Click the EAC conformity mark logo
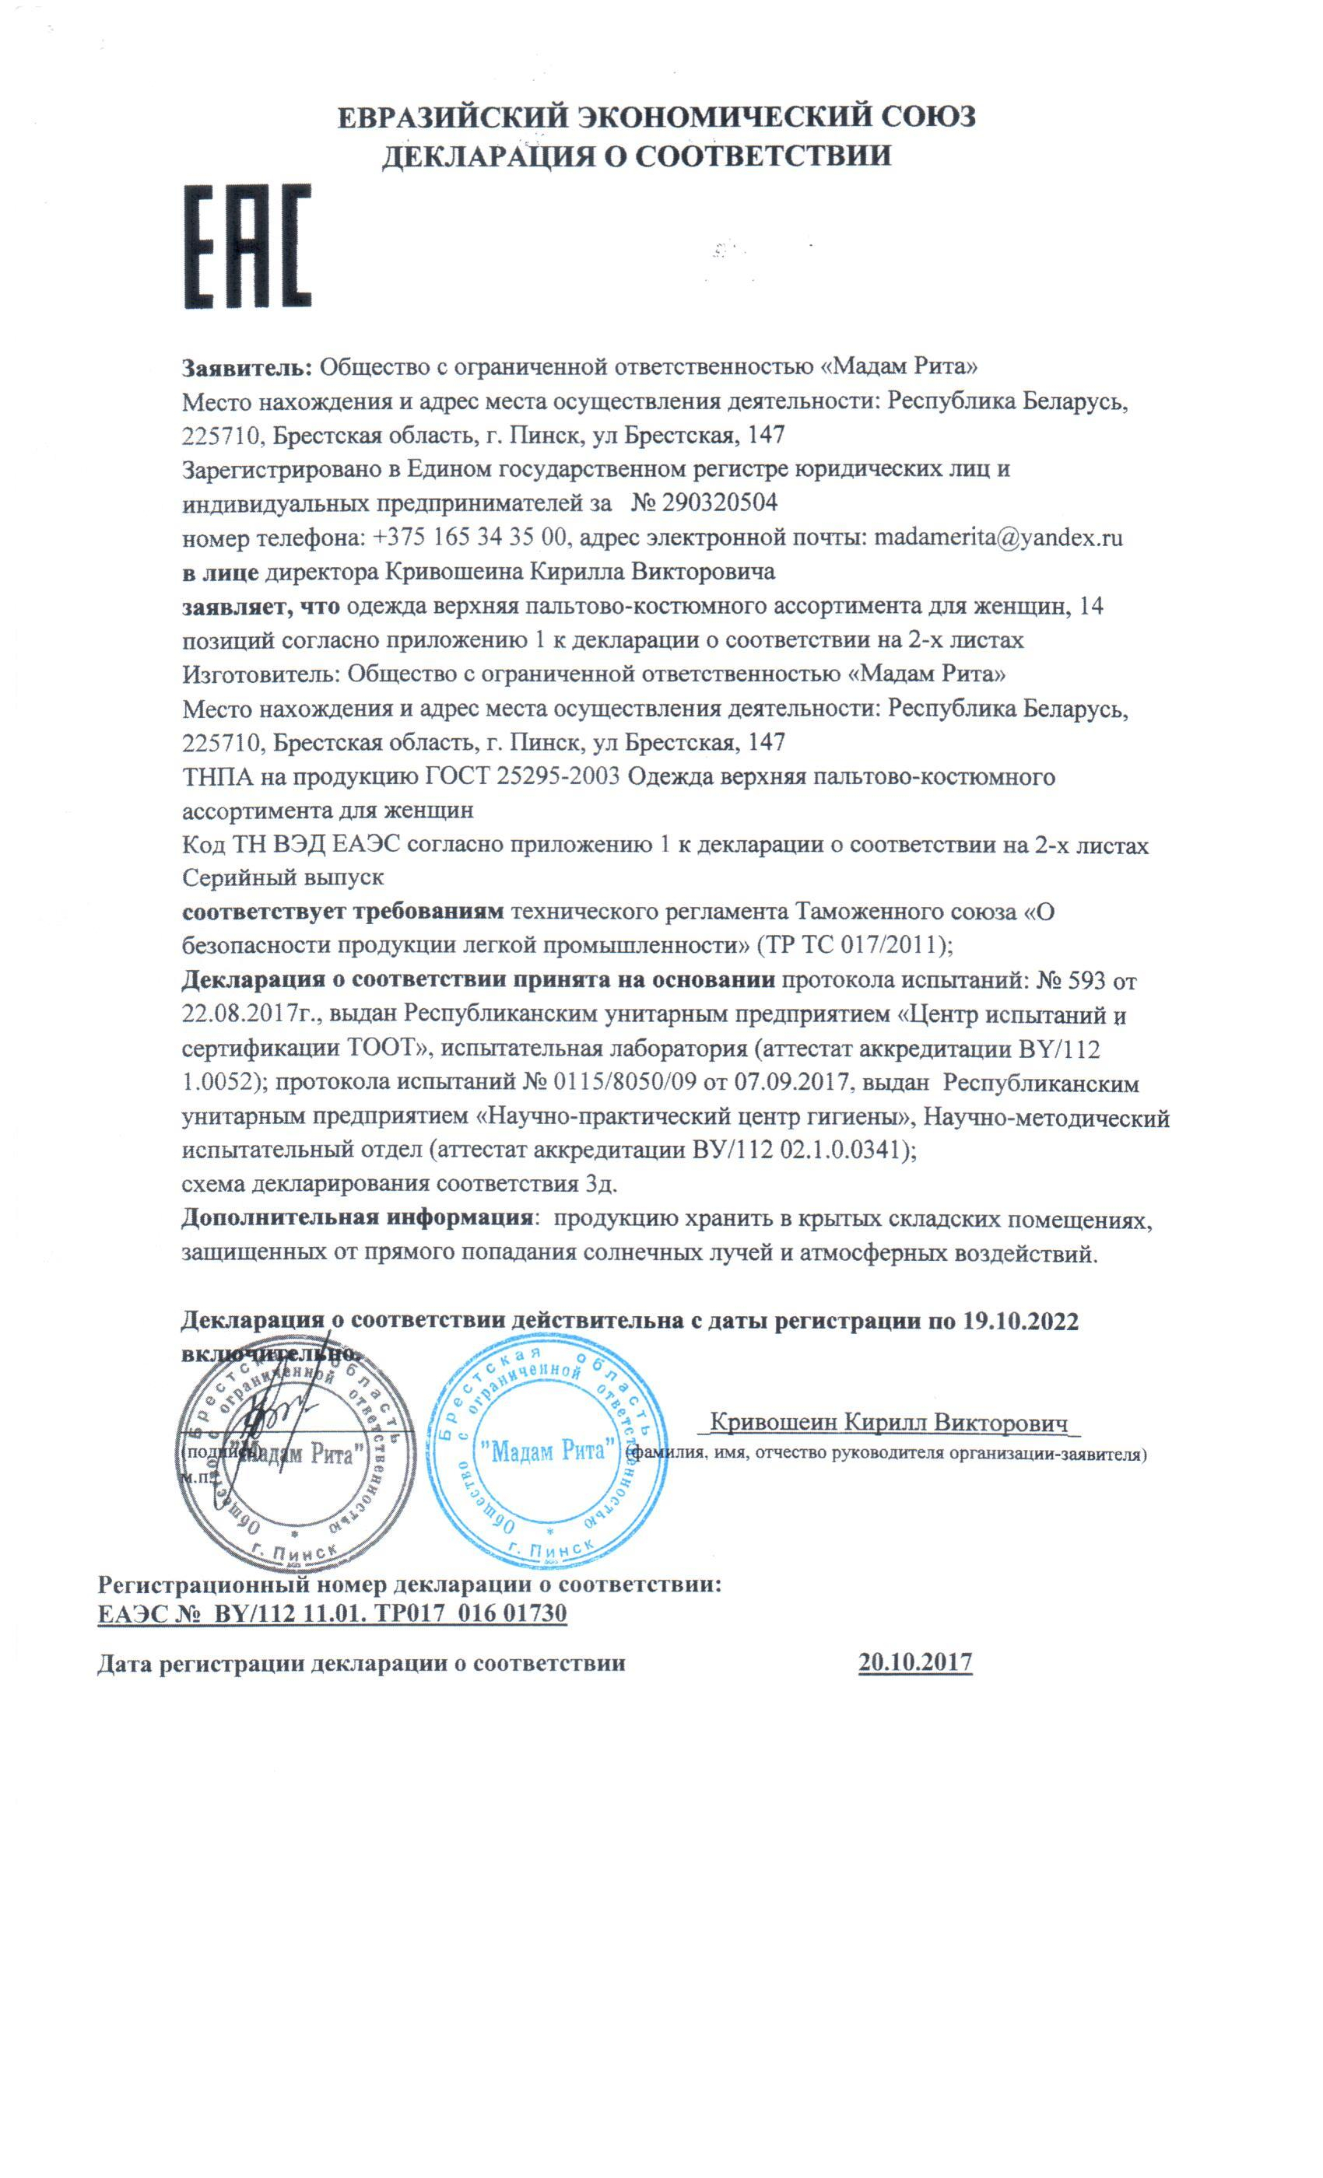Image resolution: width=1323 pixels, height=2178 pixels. [247, 247]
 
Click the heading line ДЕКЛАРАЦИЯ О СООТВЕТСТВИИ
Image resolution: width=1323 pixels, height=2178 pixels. [636, 156]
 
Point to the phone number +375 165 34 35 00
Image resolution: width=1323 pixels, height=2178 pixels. [469, 537]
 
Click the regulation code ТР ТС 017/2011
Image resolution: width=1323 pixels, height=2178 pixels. [851, 945]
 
